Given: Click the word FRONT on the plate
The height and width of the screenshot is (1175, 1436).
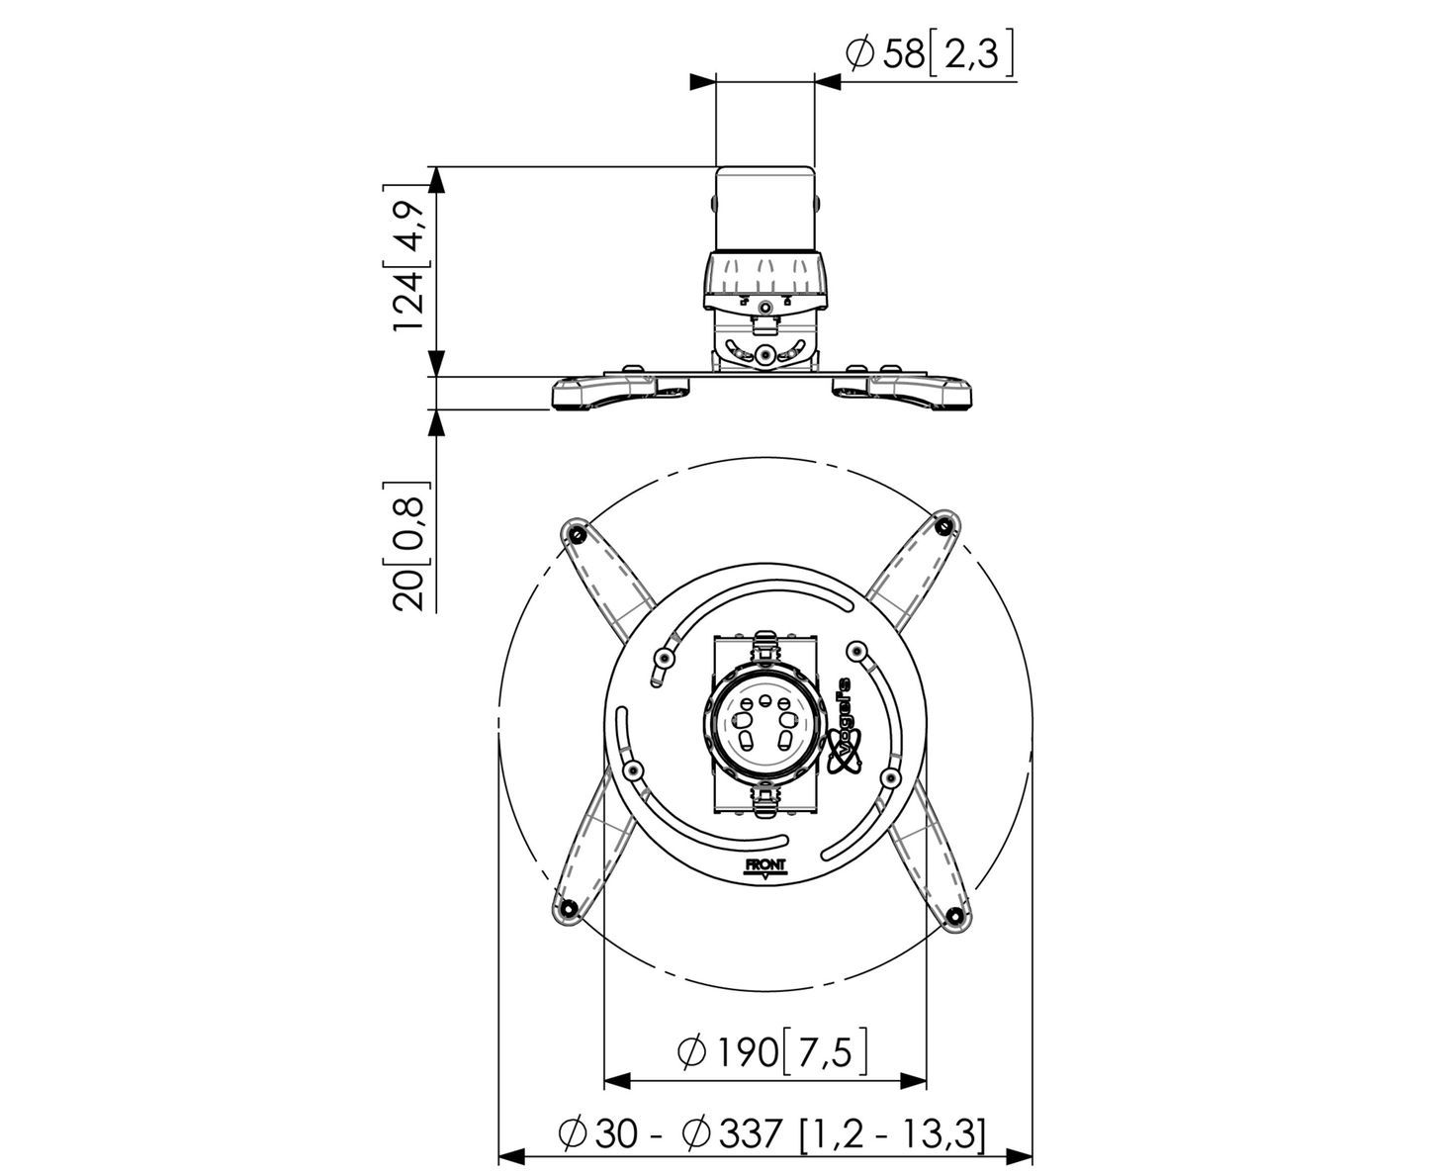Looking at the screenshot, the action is click(766, 865).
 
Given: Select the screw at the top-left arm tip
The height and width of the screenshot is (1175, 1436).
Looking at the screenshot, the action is click(577, 533).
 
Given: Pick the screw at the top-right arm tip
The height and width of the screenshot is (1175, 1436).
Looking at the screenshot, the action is click(943, 526).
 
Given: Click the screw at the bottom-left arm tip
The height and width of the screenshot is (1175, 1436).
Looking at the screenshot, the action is click(570, 907).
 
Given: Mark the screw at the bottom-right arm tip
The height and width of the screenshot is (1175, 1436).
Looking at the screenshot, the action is click(955, 914).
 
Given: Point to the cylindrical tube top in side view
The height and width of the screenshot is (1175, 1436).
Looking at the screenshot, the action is click(765, 209).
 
